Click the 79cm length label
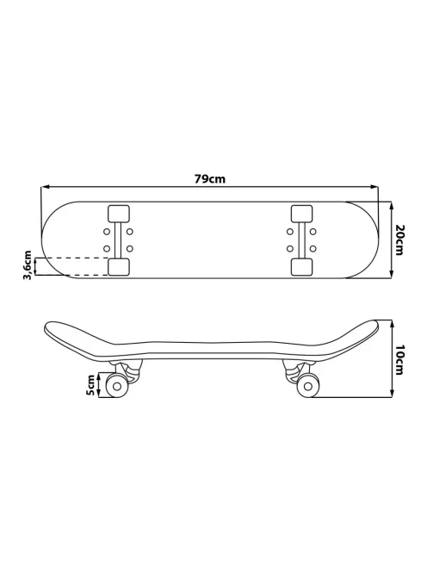210,179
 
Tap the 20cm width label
399,240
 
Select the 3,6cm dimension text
28,265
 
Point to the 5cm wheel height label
90,385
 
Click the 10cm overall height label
399,360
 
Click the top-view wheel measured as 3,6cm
119,267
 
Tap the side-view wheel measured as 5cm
117,386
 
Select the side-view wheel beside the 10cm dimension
308,386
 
